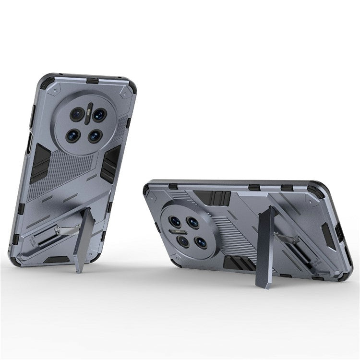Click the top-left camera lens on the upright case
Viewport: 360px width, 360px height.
[x=77, y=114]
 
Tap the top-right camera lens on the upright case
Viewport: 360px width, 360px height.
[x=99, y=115]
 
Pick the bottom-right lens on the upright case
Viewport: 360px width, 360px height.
[x=95, y=136]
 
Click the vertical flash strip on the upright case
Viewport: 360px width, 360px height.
[x=88, y=115]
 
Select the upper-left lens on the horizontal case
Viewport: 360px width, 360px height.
[x=175, y=221]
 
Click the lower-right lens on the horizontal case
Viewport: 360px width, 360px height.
[x=201, y=242]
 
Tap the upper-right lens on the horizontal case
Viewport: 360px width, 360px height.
[x=193, y=222]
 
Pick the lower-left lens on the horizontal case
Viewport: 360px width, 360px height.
[x=183, y=241]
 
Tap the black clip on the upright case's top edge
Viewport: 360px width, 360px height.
[x=93, y=80]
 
